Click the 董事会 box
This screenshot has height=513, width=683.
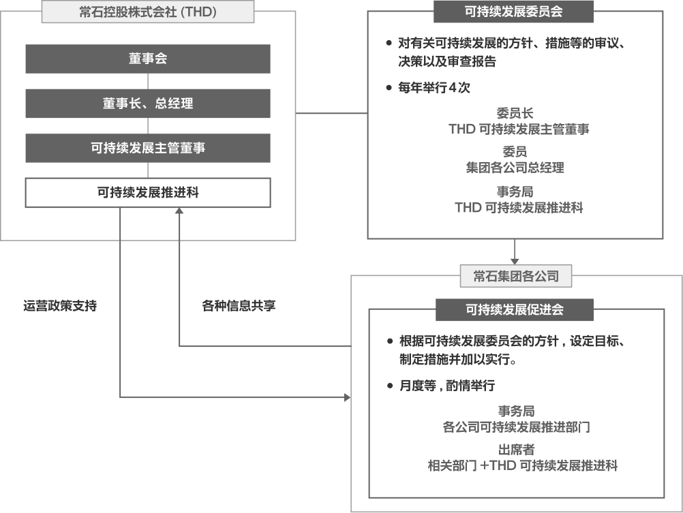tap(148, 59)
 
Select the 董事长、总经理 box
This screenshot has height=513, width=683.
tap(148, 104)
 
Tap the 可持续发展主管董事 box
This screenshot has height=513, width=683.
tap(148, 148)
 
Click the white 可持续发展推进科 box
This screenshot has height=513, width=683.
tap(148, 193)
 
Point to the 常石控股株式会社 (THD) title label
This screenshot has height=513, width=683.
tap(148, 12)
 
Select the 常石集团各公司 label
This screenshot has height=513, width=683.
tap(515, 276)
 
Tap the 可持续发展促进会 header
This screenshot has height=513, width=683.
tap(515, 309)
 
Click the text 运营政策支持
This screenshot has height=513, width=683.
tap(60, 305)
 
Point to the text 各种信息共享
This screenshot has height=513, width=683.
tap(239, 305)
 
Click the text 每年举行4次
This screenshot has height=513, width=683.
tap(434, 88)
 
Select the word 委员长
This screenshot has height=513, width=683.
tap(515, 114)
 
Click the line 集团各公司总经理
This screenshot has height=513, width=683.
tap(515, 167)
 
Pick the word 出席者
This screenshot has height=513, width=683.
tap(516, 450)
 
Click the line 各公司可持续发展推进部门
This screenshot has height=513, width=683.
tap(516, 428)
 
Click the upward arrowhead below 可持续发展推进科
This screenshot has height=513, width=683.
tap(179, 212)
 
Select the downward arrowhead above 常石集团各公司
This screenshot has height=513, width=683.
tap(515, 261)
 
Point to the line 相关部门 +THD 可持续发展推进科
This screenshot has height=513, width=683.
tap(522, 466)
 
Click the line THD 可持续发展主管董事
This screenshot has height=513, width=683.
tap(519, 129)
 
